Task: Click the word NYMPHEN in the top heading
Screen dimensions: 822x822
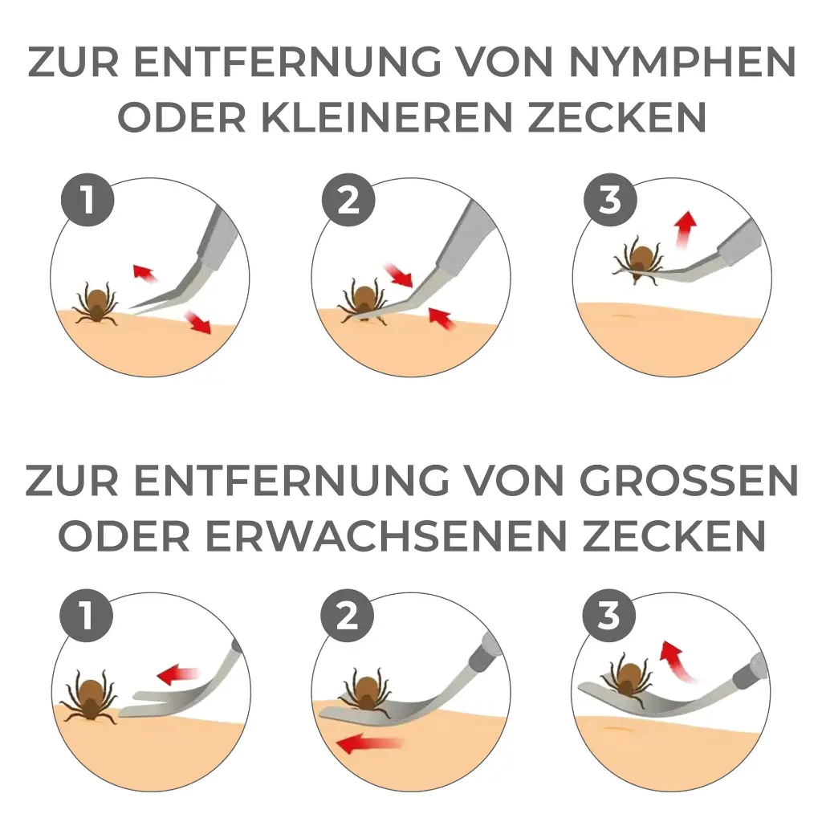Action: [682, 62]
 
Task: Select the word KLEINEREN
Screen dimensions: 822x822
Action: [386, 117]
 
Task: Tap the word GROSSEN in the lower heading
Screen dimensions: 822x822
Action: [688, 480]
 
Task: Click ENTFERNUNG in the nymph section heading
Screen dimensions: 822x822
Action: [288, 62]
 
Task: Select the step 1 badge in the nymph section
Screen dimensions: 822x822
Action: [87, 200]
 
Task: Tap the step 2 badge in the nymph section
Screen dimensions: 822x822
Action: [348, 200]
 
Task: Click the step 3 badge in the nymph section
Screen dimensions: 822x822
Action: [610, 200]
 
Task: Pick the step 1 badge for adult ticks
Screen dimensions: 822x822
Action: [87, 615]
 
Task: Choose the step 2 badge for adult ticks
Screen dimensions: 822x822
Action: [348, 615]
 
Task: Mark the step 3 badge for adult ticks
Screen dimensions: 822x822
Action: [609, 615]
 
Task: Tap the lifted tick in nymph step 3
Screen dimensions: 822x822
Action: [638, 260]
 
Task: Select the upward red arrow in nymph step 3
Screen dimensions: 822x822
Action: [685, 229]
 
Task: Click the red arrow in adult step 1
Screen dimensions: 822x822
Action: [179, 674]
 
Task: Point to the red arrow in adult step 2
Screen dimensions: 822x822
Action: [369, 743]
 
